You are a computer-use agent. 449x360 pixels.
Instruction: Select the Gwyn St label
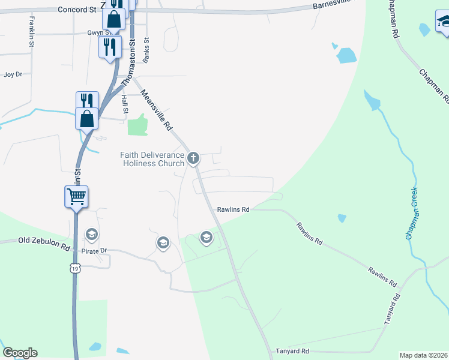98,32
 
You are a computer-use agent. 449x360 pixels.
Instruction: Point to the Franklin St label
31,32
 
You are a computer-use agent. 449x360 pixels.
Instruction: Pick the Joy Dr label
13,74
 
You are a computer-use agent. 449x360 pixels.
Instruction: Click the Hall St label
125,103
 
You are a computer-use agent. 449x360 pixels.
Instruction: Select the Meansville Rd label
156,110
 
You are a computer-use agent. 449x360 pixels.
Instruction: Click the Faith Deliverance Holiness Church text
152,159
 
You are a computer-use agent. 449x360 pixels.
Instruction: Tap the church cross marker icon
193,158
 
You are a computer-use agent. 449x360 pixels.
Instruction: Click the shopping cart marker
76,196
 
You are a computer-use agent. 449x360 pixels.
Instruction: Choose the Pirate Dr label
94,250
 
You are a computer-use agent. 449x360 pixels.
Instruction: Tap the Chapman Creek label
412,213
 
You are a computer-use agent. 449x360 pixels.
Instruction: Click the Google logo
20,353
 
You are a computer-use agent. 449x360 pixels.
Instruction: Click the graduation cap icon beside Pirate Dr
92,234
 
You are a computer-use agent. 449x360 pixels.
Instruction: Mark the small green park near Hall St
137,125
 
